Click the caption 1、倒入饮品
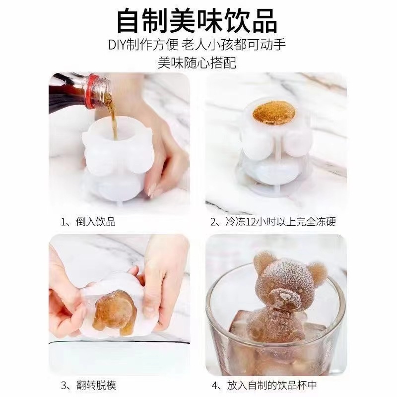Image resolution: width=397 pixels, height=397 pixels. click(88, 222)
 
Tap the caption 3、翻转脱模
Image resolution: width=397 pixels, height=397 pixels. click(88, 385)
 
